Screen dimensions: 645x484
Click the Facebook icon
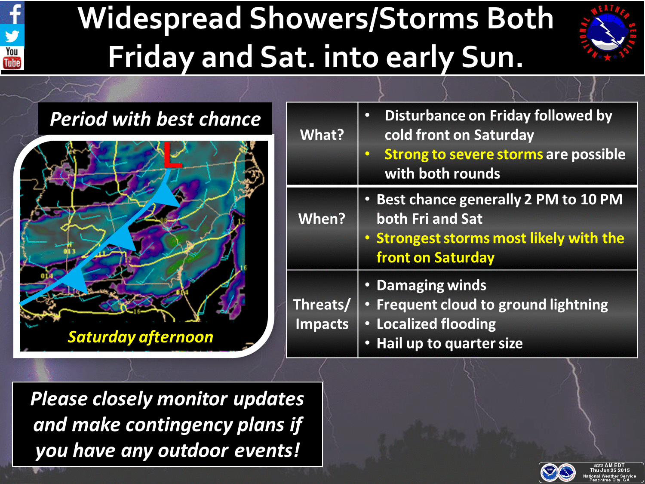pyautogui.click(x=12, y=12)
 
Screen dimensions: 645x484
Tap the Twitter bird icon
pyautogui.click(x=12, y=36)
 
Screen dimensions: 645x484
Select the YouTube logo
pyautogui.click(x=12, y=58)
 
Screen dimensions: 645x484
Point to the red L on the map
pyautogui.click(x=172, y=155)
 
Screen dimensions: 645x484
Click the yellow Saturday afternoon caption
pyautogui.click(x=141, y=337)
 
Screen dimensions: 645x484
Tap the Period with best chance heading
pyautogui.click(x=155, y=119)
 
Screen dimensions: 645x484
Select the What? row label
pyautogui.click(x=322, y=135)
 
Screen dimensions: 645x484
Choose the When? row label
pyautogui.click(x=322, y=219)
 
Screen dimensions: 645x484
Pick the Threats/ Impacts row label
pyautogui.click(x=322, y=314)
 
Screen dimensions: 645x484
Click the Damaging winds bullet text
pyautogui.click(x=431, y=285)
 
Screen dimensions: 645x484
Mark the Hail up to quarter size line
pyautogui.click(x=450, y=343)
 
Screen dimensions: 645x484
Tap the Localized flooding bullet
pyautogui.click(x=436, y=324)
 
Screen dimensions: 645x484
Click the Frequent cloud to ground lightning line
pyautogui.click(x=492, y=305)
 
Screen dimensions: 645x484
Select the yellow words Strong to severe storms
pyautogui.click(x=464, y=154)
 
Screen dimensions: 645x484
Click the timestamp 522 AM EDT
pyautogui.click(x=609, y=466)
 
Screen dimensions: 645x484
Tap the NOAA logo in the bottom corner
pyautogui.click(x=549, y=473)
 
